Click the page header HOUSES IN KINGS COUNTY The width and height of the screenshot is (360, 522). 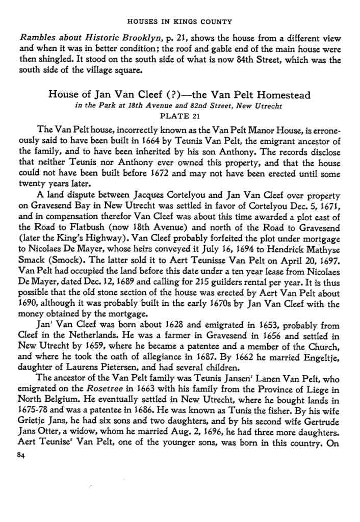179,21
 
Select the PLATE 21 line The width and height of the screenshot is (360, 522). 179,116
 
